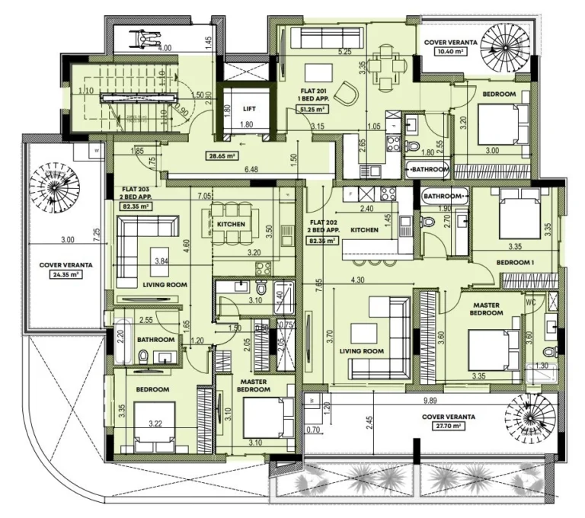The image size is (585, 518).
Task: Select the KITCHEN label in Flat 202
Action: (366, 229)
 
